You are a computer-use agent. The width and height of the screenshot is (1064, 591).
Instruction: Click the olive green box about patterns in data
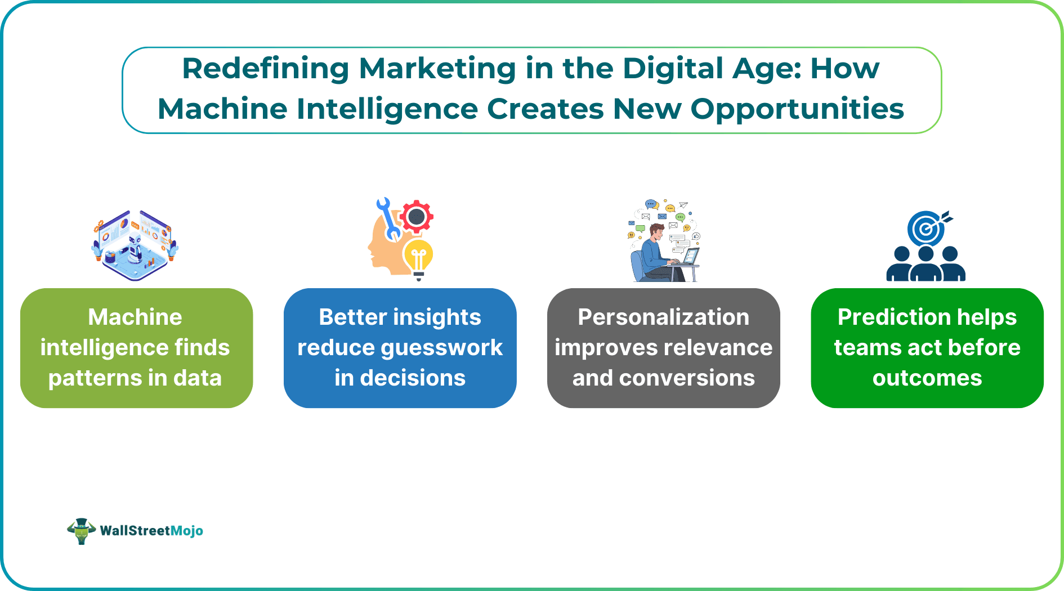(136, 348)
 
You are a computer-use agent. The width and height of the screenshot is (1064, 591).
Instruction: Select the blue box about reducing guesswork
(400, 348)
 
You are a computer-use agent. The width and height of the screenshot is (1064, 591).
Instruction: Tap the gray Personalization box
(663, 348)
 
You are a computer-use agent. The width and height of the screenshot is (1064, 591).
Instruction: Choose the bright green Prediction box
(927, 348)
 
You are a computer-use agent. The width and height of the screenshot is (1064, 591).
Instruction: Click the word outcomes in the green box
(927, 378)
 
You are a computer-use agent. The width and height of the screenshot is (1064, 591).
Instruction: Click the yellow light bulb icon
(418, 258)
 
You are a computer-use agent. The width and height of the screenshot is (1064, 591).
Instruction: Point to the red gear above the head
(417, 216)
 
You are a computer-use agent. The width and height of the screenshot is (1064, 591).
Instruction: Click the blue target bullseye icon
(926, 229)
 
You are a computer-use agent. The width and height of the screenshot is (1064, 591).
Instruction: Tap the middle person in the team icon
(926, 265)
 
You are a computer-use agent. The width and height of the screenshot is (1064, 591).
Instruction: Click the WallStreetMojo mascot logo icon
(81, 531)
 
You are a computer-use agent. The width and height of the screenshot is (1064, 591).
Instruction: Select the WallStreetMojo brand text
(151, 531)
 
